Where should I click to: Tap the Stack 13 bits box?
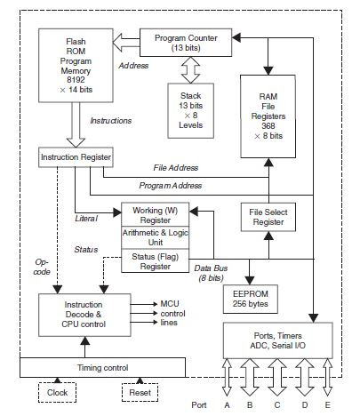[x=190, y=111]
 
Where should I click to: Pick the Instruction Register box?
[x=76, y=157]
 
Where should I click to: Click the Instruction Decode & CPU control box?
[x=83, y=316]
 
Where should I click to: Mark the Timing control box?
[x=103, y=367]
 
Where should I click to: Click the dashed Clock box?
[x=57, y=393]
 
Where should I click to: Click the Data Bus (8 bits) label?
[x=212, y=273]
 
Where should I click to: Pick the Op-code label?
[x=42, y=268]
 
